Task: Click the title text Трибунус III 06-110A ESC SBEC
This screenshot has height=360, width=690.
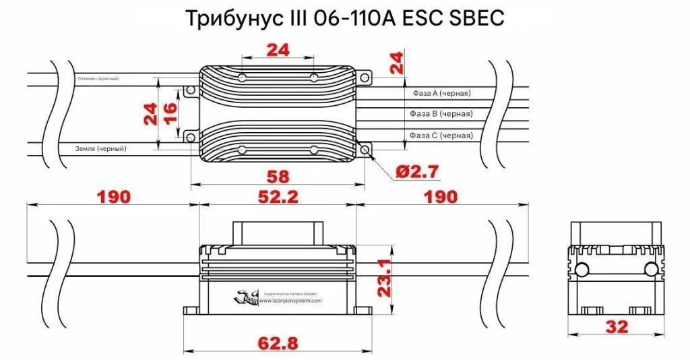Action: [x=344, y=18]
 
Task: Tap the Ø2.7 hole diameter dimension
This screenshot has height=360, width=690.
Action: [x=417, y=172]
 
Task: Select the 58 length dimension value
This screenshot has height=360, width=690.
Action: [x=278, y=177]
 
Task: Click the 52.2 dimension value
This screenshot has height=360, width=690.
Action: [x=277, y=197]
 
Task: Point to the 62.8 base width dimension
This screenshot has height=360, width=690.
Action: [x=278, y=343]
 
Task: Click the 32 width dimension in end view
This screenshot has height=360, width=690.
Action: [x=617, y=327]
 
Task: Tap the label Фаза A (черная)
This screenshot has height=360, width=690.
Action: [x=441, y=93]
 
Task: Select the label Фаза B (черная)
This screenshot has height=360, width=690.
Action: [x=441, y=114]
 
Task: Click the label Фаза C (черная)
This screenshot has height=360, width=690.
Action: [x=441, y=136]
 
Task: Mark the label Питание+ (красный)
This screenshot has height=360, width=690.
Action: [x=98, y=79]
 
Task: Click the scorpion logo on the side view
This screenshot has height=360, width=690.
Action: [x=247, y=298]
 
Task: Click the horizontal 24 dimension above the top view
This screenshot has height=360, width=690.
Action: [x=277, y=50]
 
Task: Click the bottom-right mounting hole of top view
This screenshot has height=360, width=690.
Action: [x=365, y=149]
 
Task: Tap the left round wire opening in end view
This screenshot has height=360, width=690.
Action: [x=581, y=270]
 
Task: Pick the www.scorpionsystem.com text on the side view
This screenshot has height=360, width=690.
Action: [x=291, y=301]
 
